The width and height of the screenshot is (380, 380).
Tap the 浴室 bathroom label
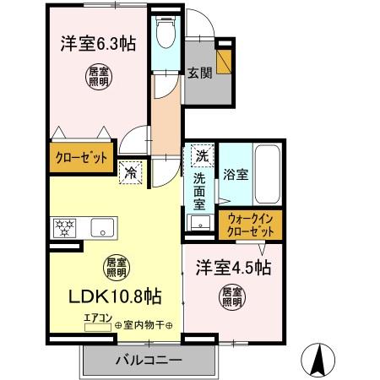[x=235, y=176]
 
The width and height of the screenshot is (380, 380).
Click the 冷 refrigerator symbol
[x=131, y=171]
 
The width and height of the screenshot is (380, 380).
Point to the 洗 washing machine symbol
[x=201, y=155]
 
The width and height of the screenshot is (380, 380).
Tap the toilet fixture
[x=166, y=34]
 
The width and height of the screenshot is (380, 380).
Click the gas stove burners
[x=65, y=226]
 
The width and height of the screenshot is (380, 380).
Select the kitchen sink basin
[x=104, y=226]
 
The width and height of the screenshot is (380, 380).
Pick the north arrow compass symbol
[x=319, y=360]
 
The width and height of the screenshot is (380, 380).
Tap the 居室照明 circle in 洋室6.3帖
[x=96, y=78]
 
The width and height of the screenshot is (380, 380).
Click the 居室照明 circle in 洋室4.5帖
[x=231, y=298]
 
